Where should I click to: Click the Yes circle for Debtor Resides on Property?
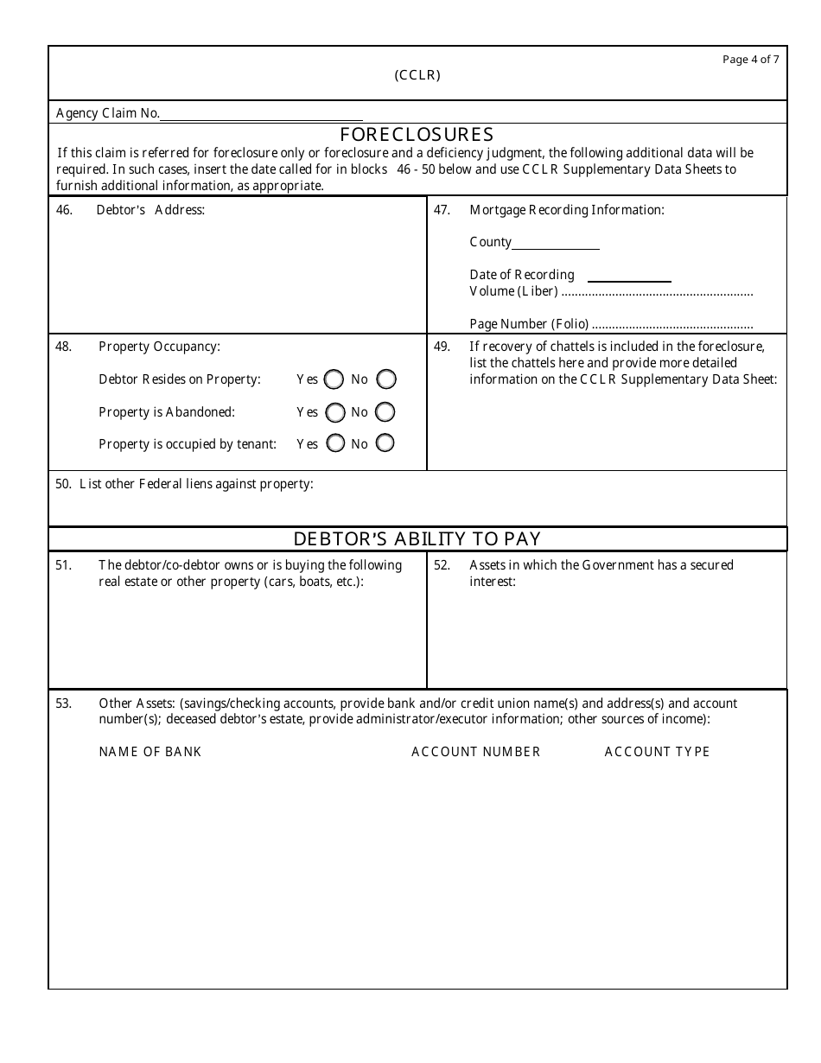pos(334,379)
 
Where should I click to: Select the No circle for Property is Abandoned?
pos(385,412)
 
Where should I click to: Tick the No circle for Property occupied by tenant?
pos(385,443)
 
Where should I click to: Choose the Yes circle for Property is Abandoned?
pos(334,412)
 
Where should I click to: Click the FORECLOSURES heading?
pos(417,135)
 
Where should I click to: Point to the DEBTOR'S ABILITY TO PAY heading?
pos(417,539)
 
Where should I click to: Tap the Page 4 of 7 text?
pos(750,60)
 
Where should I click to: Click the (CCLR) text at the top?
pos(417,75)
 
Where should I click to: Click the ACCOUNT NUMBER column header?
pos(475,752)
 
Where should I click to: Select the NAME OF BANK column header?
pos(150,752)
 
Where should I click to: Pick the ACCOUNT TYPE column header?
pos(657,752)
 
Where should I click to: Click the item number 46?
pos(64,210)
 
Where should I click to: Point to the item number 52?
pos(442,565)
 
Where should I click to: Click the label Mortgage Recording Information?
pos(566,210)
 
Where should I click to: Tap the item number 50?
pos(63,484)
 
